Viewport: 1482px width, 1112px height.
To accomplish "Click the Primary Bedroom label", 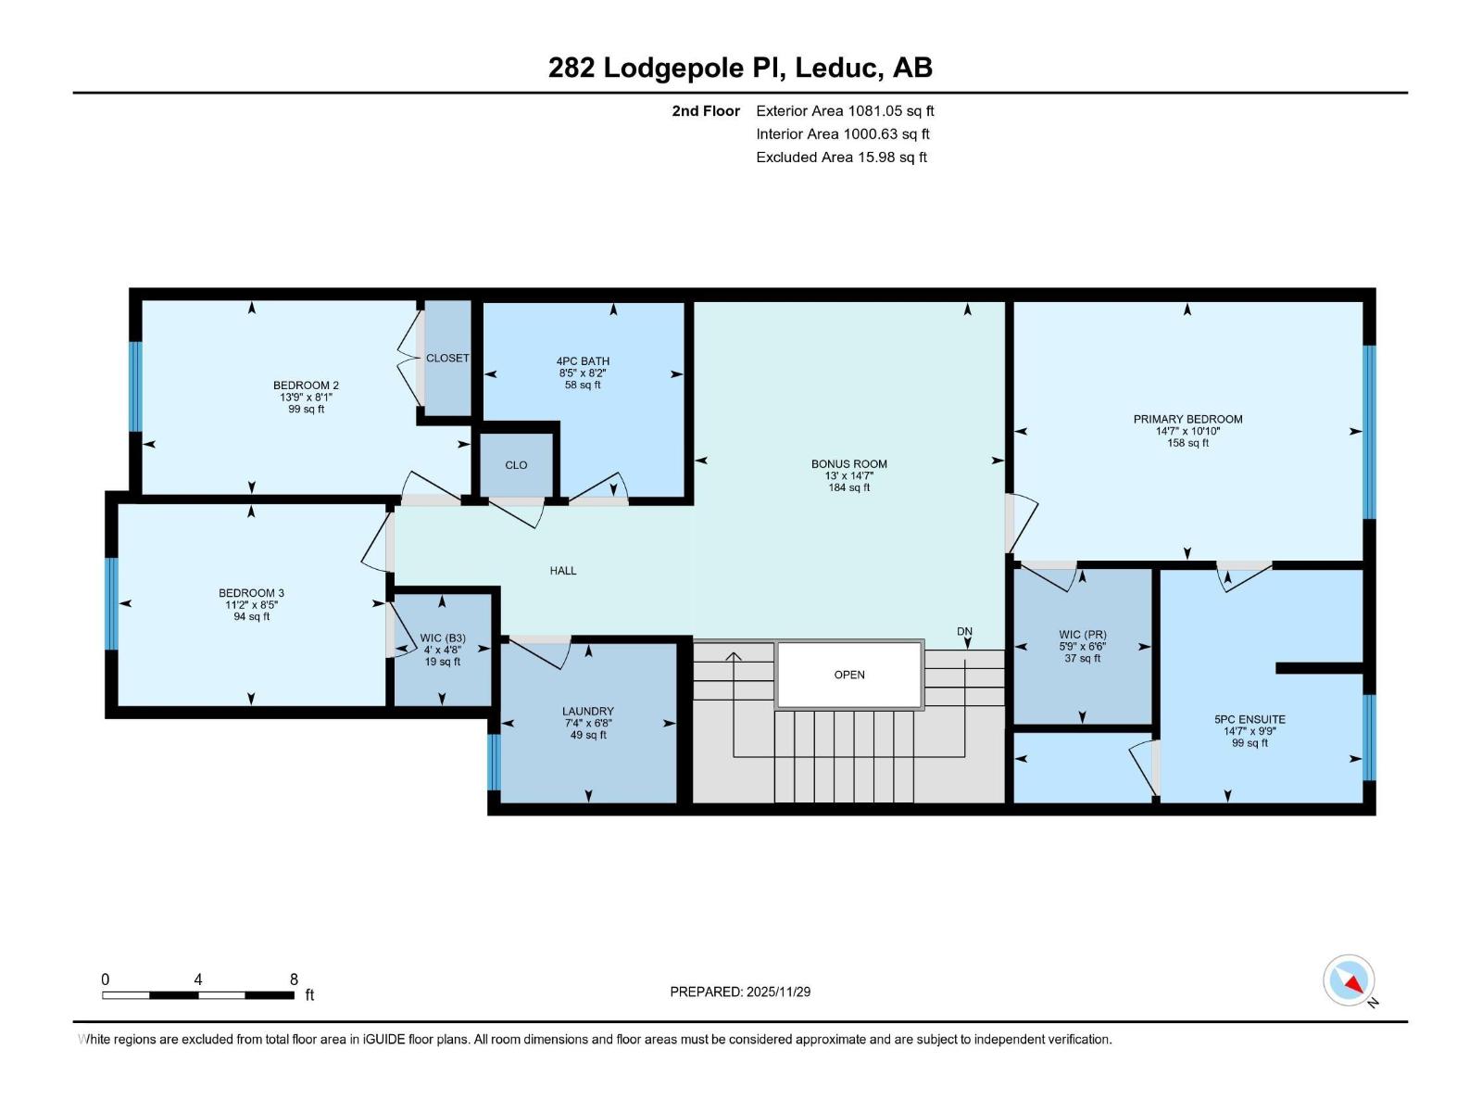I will (x=1187, y=419).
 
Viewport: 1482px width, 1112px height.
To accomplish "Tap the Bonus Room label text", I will (x=848, y=464).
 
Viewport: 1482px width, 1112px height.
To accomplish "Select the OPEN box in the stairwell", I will (x=849, y=675).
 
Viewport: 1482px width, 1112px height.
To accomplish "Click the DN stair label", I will (x=964, y=632).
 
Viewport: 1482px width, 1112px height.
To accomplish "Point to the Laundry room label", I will (x=588, y=712).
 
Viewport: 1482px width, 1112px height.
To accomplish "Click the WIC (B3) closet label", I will (x=442, y=638).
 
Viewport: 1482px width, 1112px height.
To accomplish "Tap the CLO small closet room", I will (x=516, y=465).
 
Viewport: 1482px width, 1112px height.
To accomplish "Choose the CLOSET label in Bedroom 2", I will (x=447, y=358).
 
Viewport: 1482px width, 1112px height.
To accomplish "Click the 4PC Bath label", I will (x=583, y=361).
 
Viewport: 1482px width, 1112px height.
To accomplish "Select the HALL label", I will (x=562, y=571).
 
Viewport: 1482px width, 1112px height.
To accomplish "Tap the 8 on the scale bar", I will (x=294, y=979).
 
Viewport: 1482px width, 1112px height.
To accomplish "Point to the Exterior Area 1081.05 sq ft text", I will (x=844, y=111).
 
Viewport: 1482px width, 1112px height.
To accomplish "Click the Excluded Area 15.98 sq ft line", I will (x=840, y=158).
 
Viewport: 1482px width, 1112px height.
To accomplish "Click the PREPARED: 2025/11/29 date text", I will (x=740, y=992).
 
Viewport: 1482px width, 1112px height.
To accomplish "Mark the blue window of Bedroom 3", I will (x=112, y=603).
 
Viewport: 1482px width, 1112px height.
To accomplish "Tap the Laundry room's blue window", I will (x=494, y=762).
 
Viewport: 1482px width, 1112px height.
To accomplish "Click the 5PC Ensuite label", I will (x=1250, y=719).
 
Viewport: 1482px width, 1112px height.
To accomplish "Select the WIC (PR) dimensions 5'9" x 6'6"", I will (x=1082, y=647).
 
